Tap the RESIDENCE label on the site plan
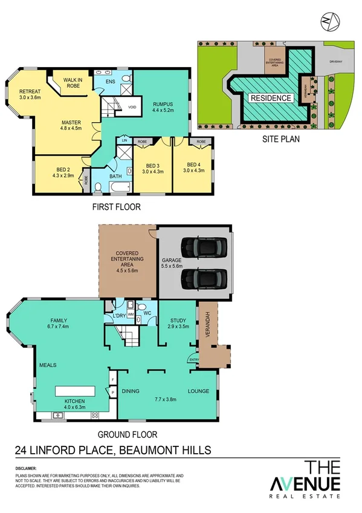coord(271,98)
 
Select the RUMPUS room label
coord(163,103)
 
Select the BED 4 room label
coord(193,165)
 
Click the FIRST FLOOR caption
coord(117,207)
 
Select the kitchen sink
coord(59,415)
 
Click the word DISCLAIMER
coord(26,468)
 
